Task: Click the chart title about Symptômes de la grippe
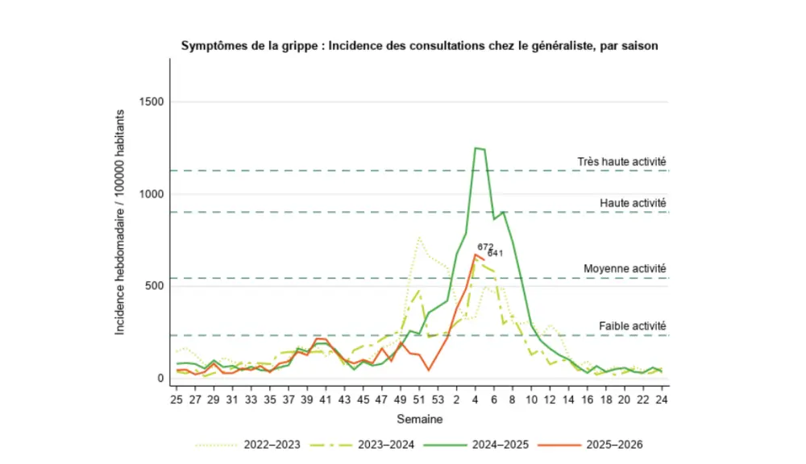(419, 46)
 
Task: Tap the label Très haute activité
(621, 162)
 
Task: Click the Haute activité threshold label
(633, 203)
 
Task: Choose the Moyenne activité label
(625, 269)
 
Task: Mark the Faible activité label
(632, 326)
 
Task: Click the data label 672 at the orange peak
(485, 247)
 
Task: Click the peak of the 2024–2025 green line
(476, 147)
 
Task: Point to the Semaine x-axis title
(419, 419)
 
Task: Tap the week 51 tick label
(419, 400)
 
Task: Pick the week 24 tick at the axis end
(661, 400)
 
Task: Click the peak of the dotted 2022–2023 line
(419, 237)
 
